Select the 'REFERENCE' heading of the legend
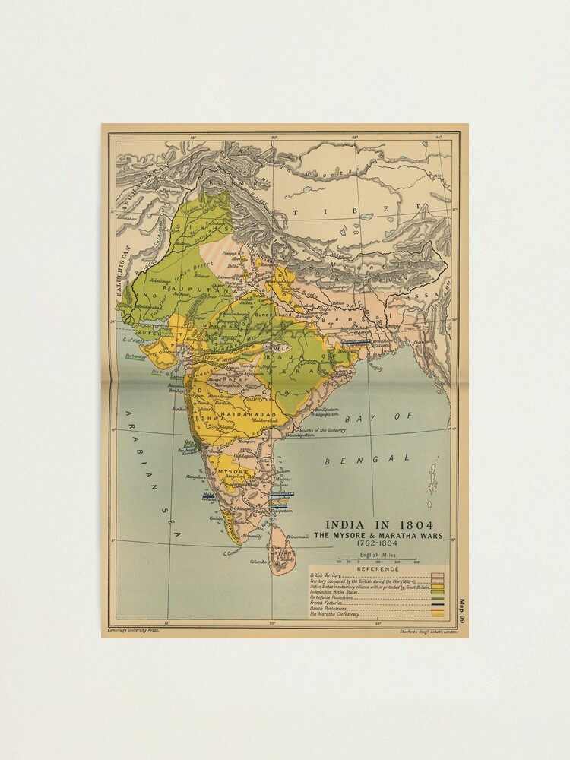pos(378,569)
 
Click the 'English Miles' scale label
pos(377,556)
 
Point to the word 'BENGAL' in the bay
pos(368,459)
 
